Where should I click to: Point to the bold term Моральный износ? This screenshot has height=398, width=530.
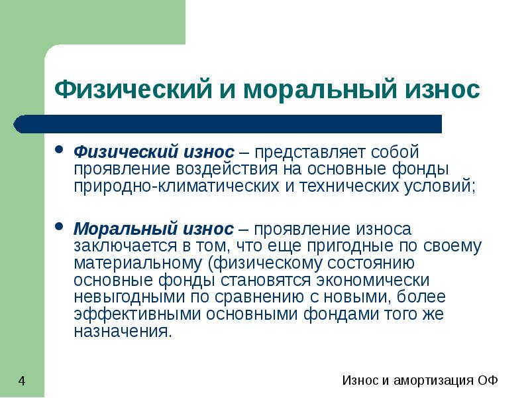153,229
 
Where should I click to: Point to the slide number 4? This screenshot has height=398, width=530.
22,381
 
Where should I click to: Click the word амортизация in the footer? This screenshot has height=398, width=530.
425,381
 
